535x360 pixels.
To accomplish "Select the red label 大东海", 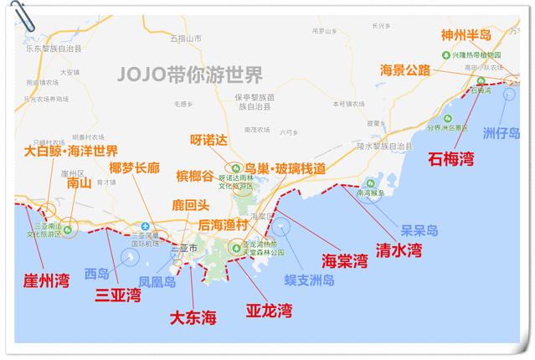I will (194, 317).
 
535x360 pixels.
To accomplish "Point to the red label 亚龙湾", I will (269, 311).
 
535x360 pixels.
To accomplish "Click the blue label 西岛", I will (96, 273).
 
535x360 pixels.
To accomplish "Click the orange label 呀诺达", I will (209, 139).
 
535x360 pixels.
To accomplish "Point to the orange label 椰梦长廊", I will (134, 167).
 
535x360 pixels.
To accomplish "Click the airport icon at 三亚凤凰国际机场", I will (146, 227).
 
